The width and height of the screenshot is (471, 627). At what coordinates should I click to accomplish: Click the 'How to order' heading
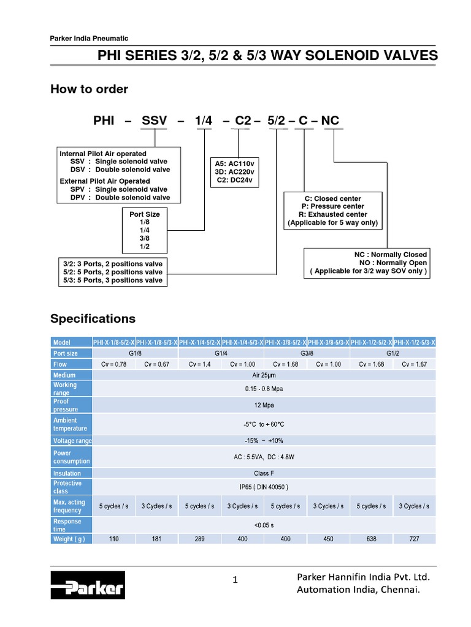[89, 89]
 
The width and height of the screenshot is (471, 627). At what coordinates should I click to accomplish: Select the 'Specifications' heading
[93, 319]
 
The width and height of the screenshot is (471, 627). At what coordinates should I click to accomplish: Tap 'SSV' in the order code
[154, 121]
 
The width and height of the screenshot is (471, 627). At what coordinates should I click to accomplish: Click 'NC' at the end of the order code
[330, 121]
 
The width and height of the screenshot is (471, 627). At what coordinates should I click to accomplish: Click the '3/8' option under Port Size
[145, 238]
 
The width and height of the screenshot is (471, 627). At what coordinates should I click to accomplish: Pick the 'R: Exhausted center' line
[333, 215]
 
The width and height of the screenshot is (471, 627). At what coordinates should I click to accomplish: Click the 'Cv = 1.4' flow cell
[199, 364]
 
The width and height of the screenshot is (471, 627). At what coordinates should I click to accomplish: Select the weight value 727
[414, 538]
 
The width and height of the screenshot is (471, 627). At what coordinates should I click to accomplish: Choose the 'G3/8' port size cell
[307, 353]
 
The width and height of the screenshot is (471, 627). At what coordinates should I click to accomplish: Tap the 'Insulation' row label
[67, 473]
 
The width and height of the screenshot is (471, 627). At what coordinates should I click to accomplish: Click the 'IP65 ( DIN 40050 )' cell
[264, 487]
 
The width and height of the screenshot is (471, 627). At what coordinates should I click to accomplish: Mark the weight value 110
[113, 538]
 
